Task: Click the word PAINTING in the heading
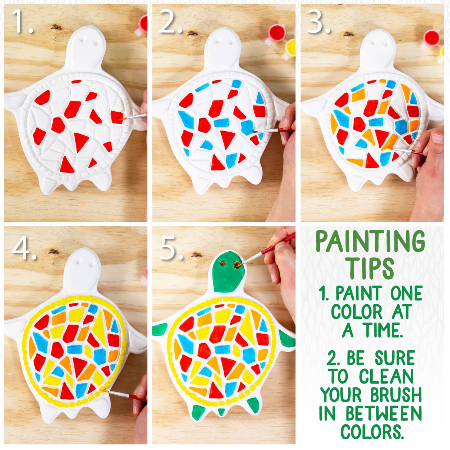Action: (x=370, y=242)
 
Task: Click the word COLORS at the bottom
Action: (x=372, y=432)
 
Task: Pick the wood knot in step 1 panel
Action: (x=56, y=27)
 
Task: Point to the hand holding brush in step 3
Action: (x=431, y=163)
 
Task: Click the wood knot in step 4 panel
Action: (x=53, y=252)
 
